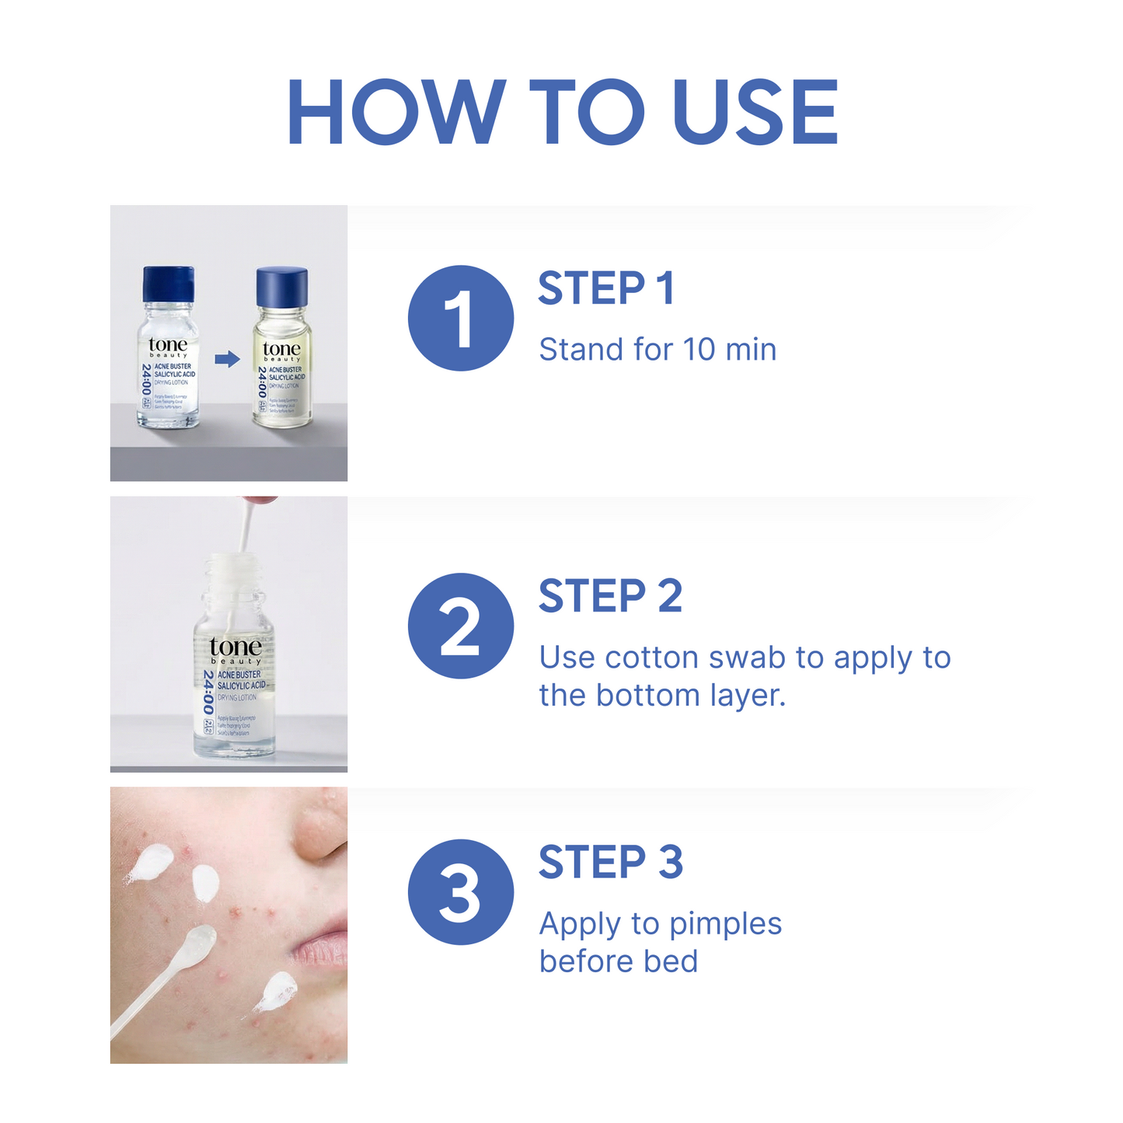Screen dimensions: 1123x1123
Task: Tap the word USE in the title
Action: pyautogui.click(x=755, y=113)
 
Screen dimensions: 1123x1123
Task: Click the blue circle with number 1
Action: pyautogui.click(x=460, y=318)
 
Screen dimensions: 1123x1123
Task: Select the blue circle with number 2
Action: pyautogui.click(x=460, y=626)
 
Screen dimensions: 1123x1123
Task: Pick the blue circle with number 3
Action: pyautogui.click(x=460, y=892)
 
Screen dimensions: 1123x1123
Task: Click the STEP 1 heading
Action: pyautogui.click(x=606, y=288)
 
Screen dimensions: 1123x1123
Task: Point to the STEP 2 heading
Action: pyautogui.click(x=610, y=596)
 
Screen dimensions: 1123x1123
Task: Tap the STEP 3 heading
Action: pyautogui.click(x=611, y=863)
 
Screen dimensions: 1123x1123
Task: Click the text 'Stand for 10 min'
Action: pyautogui.click(x=657, y=350)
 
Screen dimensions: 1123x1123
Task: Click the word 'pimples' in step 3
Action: pyautogui.click(x=725, y=924)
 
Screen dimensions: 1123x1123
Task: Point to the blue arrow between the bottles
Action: pyautogui.click(x=227, y=359)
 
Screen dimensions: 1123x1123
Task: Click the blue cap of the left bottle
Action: pyautogui.click(x=169, y=284)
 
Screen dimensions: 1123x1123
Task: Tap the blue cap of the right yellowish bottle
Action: pyautogui.click(x=282, y=287)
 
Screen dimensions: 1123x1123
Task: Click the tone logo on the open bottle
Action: pyautogui.click(x=235, y=647)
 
